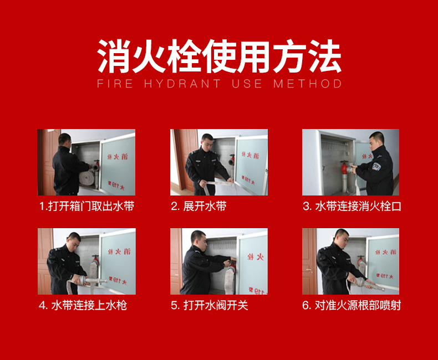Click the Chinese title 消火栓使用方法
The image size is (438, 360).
220,56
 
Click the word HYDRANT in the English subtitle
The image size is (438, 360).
182,84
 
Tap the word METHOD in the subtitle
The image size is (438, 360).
308,84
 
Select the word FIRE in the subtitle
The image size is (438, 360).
115,84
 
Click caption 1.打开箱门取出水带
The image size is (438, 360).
86,206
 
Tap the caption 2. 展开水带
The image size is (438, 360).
198,206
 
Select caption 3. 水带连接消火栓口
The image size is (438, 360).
352,206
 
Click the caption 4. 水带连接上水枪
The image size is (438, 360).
83,305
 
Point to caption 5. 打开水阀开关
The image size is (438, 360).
210,305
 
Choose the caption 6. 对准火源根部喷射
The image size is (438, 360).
352,305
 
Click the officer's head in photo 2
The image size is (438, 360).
207,141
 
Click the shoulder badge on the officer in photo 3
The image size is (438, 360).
376,167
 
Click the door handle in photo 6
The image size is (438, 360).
308,270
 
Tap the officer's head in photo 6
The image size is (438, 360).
342,237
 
